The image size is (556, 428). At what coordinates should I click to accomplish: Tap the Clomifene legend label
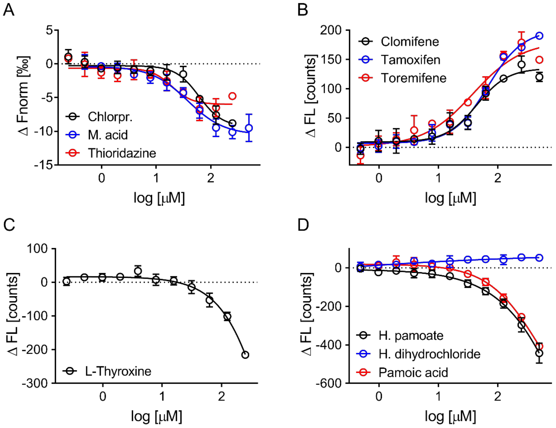point(409,41)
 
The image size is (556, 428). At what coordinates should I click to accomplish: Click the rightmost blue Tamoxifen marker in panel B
point(539,36)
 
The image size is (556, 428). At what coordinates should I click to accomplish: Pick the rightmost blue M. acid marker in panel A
point(249,128)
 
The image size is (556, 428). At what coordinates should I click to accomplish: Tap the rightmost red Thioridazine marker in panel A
point(232,96)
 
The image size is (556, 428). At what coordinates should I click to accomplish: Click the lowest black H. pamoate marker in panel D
point(539,353)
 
